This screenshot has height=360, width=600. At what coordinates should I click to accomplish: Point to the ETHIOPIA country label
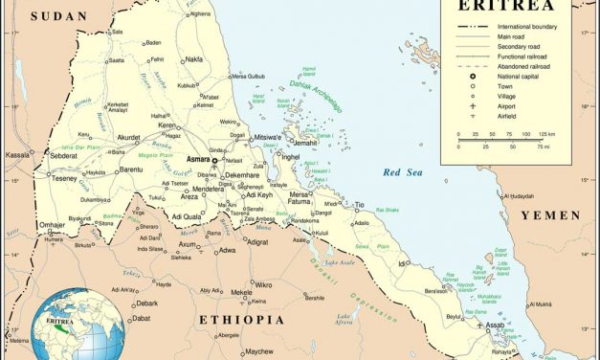click(x=241, y=318)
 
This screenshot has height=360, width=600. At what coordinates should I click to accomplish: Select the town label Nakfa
click(x=194, y=58)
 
